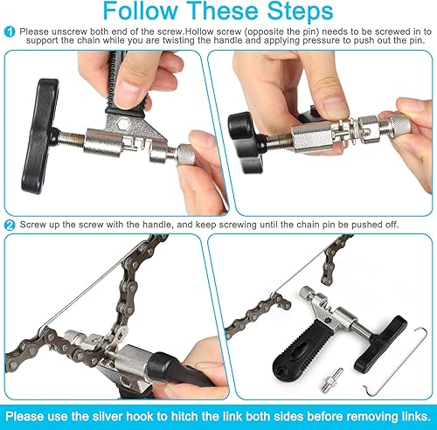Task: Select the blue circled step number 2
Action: [x=10, y=225]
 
